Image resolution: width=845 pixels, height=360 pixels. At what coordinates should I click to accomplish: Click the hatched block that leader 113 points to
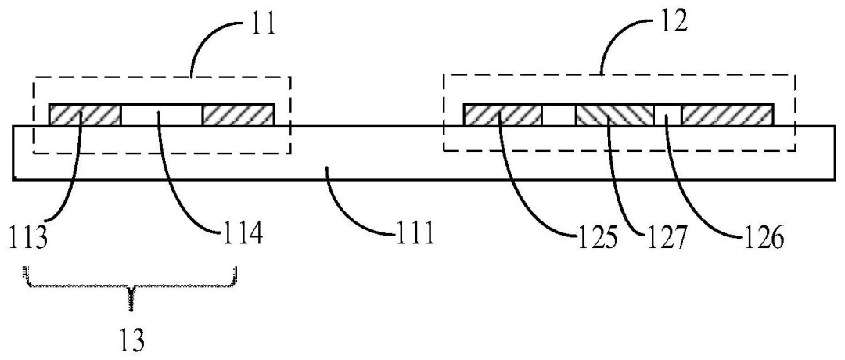84,115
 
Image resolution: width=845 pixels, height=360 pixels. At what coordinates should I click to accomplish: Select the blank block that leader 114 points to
161,115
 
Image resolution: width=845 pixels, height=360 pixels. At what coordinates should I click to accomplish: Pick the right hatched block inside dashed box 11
238,115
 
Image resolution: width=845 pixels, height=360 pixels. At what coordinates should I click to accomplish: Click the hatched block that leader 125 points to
502,115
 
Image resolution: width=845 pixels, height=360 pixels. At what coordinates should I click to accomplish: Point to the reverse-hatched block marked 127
614,115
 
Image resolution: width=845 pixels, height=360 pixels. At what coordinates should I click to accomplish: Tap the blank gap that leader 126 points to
667,115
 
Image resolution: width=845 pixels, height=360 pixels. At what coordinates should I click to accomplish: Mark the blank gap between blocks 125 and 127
559,115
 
